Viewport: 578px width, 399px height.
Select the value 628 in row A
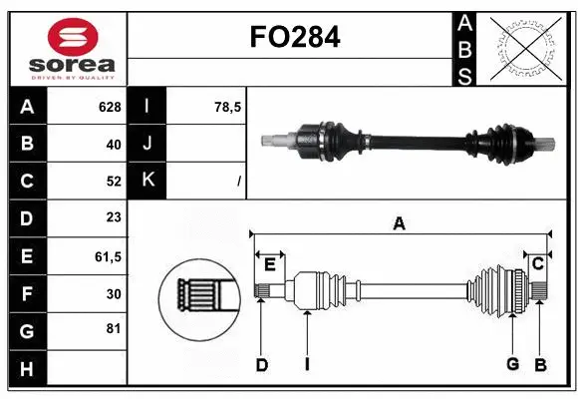click(x=109, y=107)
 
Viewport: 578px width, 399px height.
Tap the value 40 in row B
click(x=113, y=144)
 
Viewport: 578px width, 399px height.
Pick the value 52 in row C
click(x=113, y=182)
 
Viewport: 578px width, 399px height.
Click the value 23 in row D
click(x=113, y=217)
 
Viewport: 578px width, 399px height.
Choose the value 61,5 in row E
click(x=108, y=256)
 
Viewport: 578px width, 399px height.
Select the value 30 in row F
click(x=113, y=293)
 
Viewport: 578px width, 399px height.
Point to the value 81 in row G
click(x=113, y=330)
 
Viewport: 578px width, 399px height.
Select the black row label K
click(x=147, y=181)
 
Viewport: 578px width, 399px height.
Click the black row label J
click(x=147, y=144)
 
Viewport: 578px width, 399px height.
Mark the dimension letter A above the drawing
click(x=399, y=223)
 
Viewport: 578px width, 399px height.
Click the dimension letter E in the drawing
click(x=269, y=263)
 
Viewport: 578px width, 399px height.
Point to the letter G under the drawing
click(x=512, y=364)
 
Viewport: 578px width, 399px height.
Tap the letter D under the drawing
click(x=261, y=365)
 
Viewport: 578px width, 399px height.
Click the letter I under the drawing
click(x=307, y=365)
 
